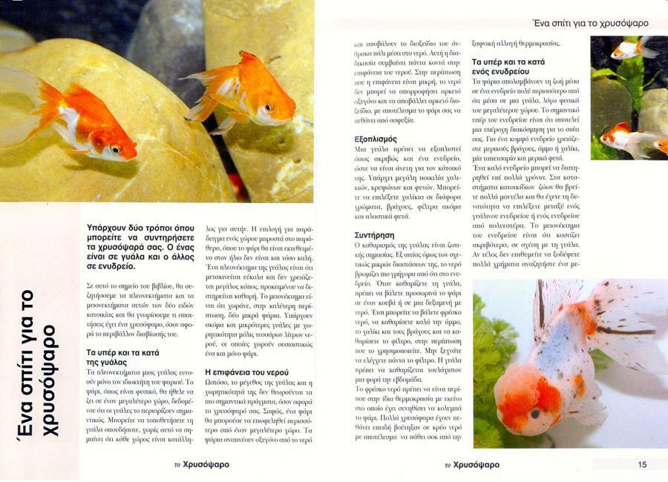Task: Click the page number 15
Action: pos(642,464)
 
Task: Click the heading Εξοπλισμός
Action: pos(377,139)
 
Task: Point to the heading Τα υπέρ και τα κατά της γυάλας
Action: pos(122,356)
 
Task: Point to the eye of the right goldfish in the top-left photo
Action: pos(269,108)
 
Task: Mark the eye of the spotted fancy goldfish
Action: pos(534,412)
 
